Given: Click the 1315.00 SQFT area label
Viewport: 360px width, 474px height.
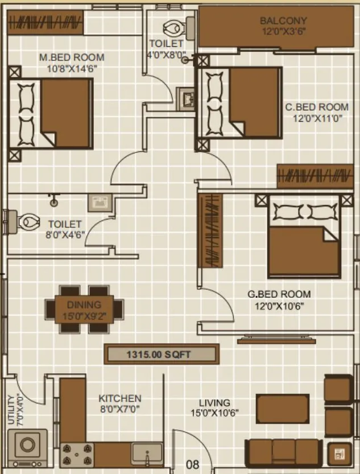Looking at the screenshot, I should point(160,355).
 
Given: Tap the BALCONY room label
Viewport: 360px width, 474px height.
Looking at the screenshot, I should point(284,21).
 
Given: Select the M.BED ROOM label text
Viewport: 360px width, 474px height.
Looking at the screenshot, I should point(72,57).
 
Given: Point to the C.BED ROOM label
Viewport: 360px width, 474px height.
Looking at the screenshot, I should point(317,107).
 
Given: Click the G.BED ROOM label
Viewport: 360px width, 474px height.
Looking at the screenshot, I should point(279,294).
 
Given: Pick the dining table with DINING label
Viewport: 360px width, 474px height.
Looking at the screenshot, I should point(84,309).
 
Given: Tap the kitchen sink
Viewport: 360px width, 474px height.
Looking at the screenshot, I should point(147,454).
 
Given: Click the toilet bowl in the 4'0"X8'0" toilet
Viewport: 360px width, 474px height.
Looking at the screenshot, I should point(172,27).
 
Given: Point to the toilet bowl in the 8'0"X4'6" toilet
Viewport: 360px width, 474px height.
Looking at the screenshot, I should point(26,222).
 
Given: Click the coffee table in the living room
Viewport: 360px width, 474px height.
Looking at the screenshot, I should point(282,408).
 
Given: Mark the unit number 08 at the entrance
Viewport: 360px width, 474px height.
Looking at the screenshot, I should point(193,464).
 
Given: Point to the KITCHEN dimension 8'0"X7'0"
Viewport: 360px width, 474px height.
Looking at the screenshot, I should point(120,409).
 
